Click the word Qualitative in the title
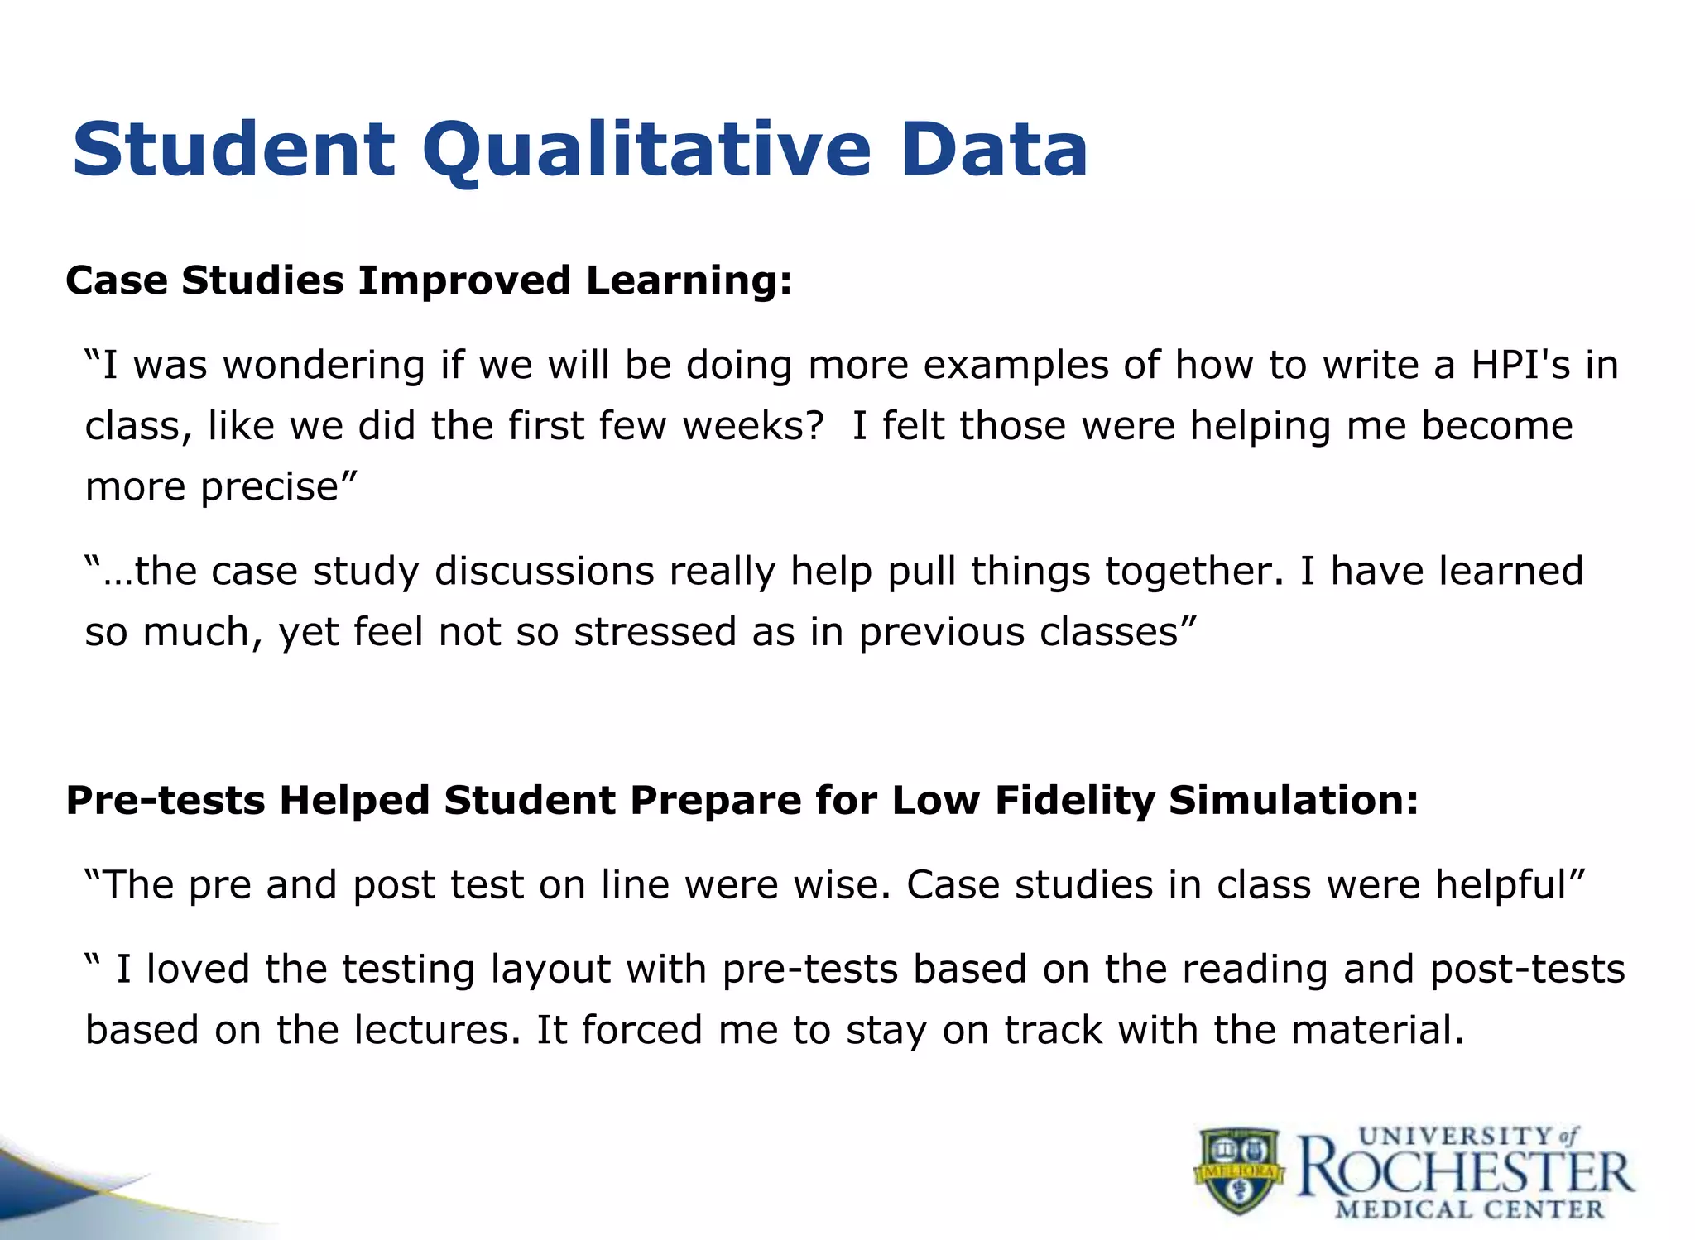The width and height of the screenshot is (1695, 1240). [x=646, y=151]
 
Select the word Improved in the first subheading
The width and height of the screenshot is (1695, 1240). [x=463, y=280]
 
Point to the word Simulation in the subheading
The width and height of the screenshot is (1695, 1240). [x=1291, y=800]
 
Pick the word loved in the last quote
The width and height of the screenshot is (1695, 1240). [x=197, y=969]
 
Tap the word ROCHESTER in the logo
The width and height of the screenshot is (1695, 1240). [x=1465, y=1173]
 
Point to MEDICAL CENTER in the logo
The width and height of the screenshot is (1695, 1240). [x=1469, y=1210]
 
